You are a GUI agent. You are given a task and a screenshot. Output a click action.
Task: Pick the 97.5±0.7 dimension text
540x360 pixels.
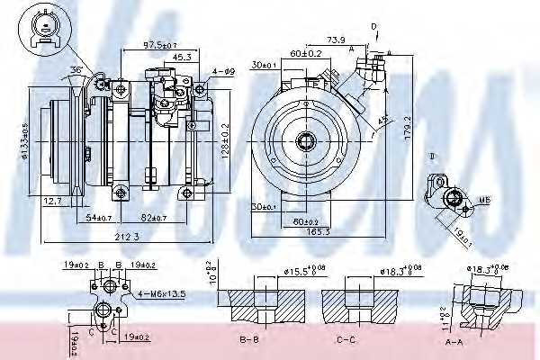tap(158, 44)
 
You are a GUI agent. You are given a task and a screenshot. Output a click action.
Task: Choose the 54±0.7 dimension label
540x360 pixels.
tap(100, 219)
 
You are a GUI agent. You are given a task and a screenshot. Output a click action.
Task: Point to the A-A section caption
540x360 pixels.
tap(481, 341)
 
